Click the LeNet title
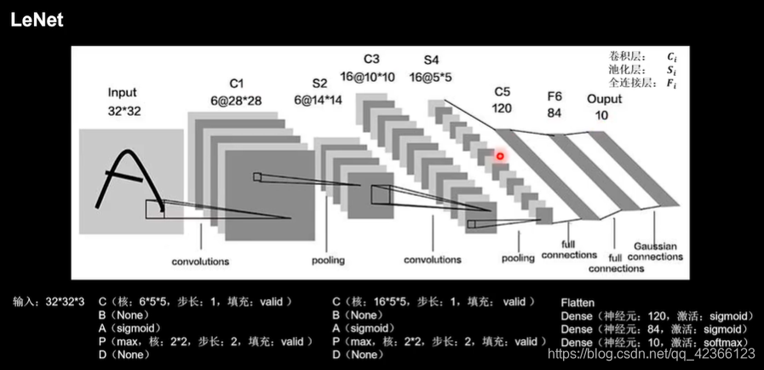tap(37, 20)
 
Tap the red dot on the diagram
tap(501, 156)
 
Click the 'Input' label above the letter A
tap(123, 92)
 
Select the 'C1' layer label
tap(236, 83)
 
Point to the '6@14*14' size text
tap(319, 100)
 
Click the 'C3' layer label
tap(371, 59)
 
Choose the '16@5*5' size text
tap(431, 77)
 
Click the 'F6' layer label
tap(554, 96)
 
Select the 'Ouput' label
tap(604, 98)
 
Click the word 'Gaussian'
tap(657, 246)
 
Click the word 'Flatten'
tap(577, 303)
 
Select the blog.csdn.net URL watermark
tap(651, 354)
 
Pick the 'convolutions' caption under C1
tap(200, 262)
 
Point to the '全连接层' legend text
tap(625, 84)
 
